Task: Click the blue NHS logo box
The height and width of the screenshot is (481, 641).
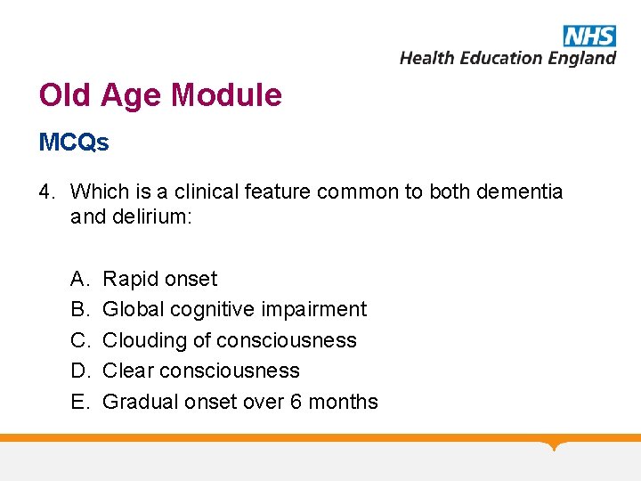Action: (589, 35)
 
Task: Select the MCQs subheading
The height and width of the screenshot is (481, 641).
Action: (74, 143)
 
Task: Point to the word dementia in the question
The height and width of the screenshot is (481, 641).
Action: (521, 192)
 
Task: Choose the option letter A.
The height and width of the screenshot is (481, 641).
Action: (78, 279)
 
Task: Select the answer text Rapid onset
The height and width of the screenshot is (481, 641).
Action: (160, 279)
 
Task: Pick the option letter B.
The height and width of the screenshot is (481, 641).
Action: (78, 309)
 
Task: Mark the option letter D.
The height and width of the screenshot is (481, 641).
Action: (78, 371)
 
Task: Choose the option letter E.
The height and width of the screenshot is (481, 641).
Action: (78, 402)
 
